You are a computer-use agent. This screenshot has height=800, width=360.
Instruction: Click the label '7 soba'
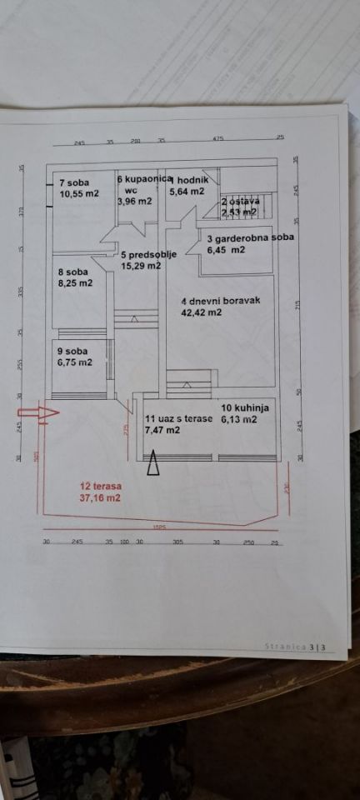(x=74, y=182)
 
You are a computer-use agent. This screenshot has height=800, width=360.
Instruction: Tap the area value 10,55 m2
(x=79, y=193)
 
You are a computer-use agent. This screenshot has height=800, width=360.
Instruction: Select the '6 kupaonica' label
(x=144, y=179)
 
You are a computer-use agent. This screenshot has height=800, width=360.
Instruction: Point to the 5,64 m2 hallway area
(x=187, y=191)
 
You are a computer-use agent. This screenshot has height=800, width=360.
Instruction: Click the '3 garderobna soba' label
(x=250, y=238)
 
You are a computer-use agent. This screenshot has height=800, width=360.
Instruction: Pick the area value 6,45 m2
(x=226, y=249)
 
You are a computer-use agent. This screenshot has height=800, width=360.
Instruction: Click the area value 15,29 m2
(x=141, y=266)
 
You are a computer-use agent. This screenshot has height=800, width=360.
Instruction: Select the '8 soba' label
(x=72, y=272)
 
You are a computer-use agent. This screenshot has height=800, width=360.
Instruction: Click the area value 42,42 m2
(x=202, y=312)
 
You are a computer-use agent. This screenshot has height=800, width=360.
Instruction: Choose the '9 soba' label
(x=72, y=352)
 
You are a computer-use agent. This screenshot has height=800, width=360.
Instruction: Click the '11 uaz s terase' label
(x=178, y=419)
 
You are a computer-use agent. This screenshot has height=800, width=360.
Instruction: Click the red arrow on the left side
(x=37, y=412)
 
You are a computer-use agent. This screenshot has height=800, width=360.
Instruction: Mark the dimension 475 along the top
(x=218, y=138)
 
